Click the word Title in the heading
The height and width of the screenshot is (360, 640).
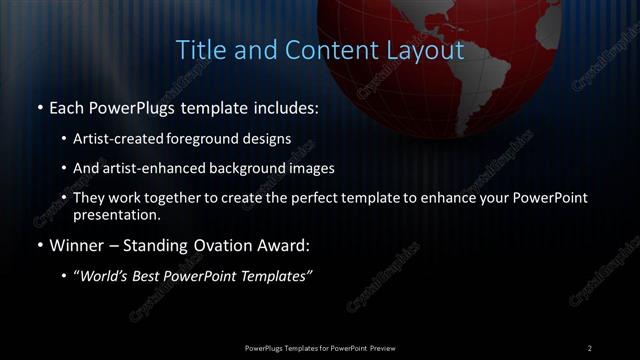pyautogui.click(x=198, y=50)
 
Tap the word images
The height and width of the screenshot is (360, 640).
pyautogui.click(x=332, y=168)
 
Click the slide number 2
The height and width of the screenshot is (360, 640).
pyautogui.click(x=589, y=347)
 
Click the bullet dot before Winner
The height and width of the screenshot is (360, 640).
pyautogui.click(x=38, y=245)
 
